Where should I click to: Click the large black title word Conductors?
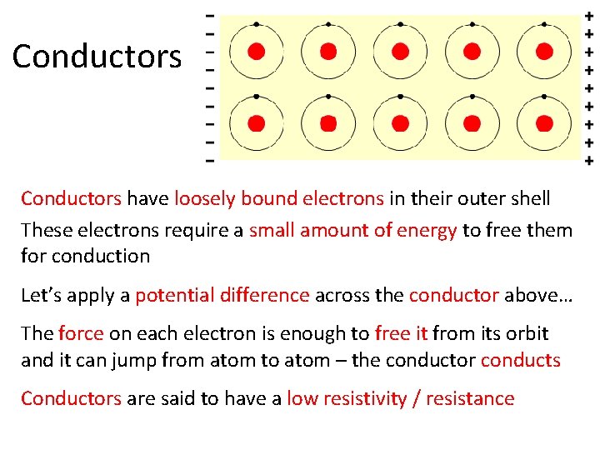[97, 57]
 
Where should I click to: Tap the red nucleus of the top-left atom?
[257, 52]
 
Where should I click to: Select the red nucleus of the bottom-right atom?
[544, 123]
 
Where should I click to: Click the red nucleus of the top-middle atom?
[400, 52]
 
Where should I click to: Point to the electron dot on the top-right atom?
[544, 24]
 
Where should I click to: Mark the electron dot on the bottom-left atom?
[257, 96]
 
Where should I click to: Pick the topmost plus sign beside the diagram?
[589, 17]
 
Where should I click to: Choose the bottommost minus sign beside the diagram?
[209, 158]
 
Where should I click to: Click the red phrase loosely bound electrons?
[279, 198]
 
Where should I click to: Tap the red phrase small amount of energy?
[353, 230]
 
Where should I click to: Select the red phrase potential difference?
[222, 295]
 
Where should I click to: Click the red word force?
[81, 334]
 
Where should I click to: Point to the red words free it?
[401, 334]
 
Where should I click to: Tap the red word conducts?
[521, 360]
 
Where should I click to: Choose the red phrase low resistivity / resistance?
[400, 398]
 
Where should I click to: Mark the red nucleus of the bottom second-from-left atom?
[328, 123]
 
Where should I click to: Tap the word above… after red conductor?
[530, 295]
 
